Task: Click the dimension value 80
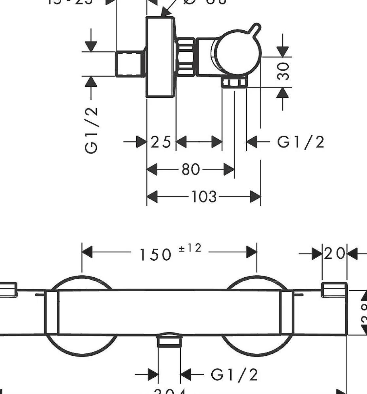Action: (190, 170)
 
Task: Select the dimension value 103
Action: (204, 197)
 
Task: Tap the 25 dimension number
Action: (161, 142)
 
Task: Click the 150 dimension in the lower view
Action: (155, 254)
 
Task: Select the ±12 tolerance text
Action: (190, 248)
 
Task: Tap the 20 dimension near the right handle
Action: (335, 253)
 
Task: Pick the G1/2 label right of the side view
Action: (300, 142)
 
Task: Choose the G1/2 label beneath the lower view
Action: (234, 375)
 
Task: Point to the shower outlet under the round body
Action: (234, 83)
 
